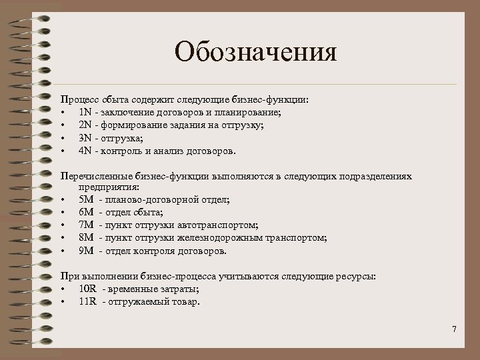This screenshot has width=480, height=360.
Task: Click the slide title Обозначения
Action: (x=256, y=52)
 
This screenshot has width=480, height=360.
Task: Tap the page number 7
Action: (x=454, y=329)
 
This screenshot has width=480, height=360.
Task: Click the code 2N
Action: (x=85, y=125)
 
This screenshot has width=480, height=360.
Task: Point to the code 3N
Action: (x=85, y=137)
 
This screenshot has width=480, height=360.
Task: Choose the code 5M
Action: (x=86, y=200)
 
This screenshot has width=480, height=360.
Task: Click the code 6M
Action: (x=86, y=213)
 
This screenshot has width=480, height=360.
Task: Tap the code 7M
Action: (x=86, y=225)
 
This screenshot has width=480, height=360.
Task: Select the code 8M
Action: (x=86, y=238)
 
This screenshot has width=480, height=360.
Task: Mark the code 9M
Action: (x=86, y=251)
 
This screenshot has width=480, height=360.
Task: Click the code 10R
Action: (x=87, y=288)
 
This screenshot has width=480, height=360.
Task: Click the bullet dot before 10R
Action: (x=62, y=289)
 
